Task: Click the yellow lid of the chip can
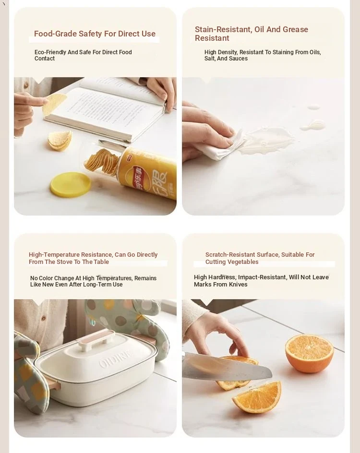[x=70, y=185]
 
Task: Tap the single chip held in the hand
[x=54, y=104]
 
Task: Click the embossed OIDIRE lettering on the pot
[x=116, y=358]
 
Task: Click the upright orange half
[x=309, y=353]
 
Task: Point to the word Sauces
[x=239, y=59]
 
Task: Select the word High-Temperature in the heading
[x=54, y=254]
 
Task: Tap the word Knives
[x=239, y=284]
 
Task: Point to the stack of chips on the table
[x=60, y=140]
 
